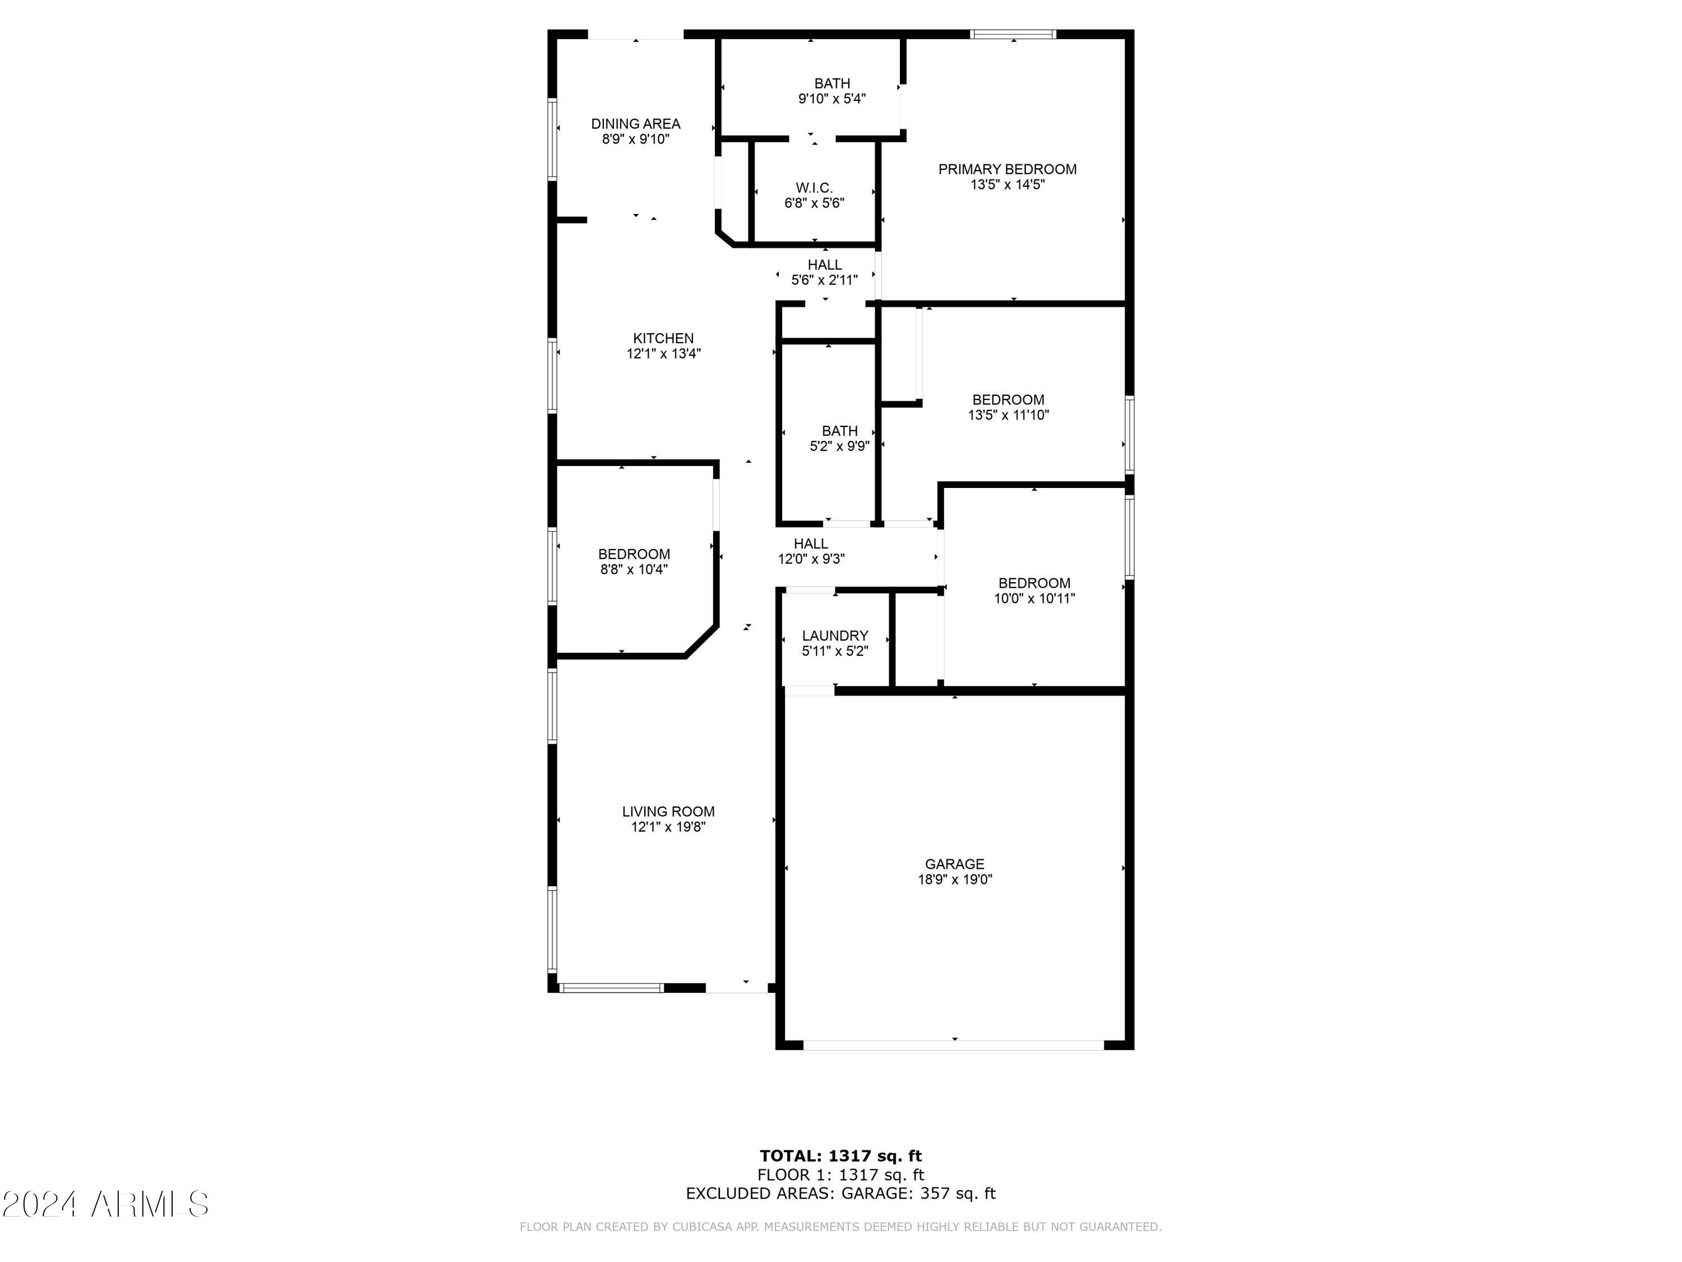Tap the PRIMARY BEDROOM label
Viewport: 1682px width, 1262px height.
1007,169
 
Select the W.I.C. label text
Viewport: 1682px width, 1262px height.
814,188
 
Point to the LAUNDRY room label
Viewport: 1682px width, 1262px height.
835,635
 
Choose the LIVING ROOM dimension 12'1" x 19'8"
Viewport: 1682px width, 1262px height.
668,827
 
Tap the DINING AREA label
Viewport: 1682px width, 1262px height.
636,124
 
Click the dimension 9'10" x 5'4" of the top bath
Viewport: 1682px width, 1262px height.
832,99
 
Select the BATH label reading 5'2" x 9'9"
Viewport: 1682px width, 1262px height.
839,431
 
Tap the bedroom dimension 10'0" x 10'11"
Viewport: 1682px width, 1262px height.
1034,598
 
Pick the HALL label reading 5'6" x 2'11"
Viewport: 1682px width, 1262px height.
824,265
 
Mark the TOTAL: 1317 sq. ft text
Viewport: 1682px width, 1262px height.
840,1156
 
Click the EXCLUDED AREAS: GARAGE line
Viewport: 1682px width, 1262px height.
840,1193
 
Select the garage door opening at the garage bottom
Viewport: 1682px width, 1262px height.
954,1045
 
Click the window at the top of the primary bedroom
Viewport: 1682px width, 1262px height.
1013,34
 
